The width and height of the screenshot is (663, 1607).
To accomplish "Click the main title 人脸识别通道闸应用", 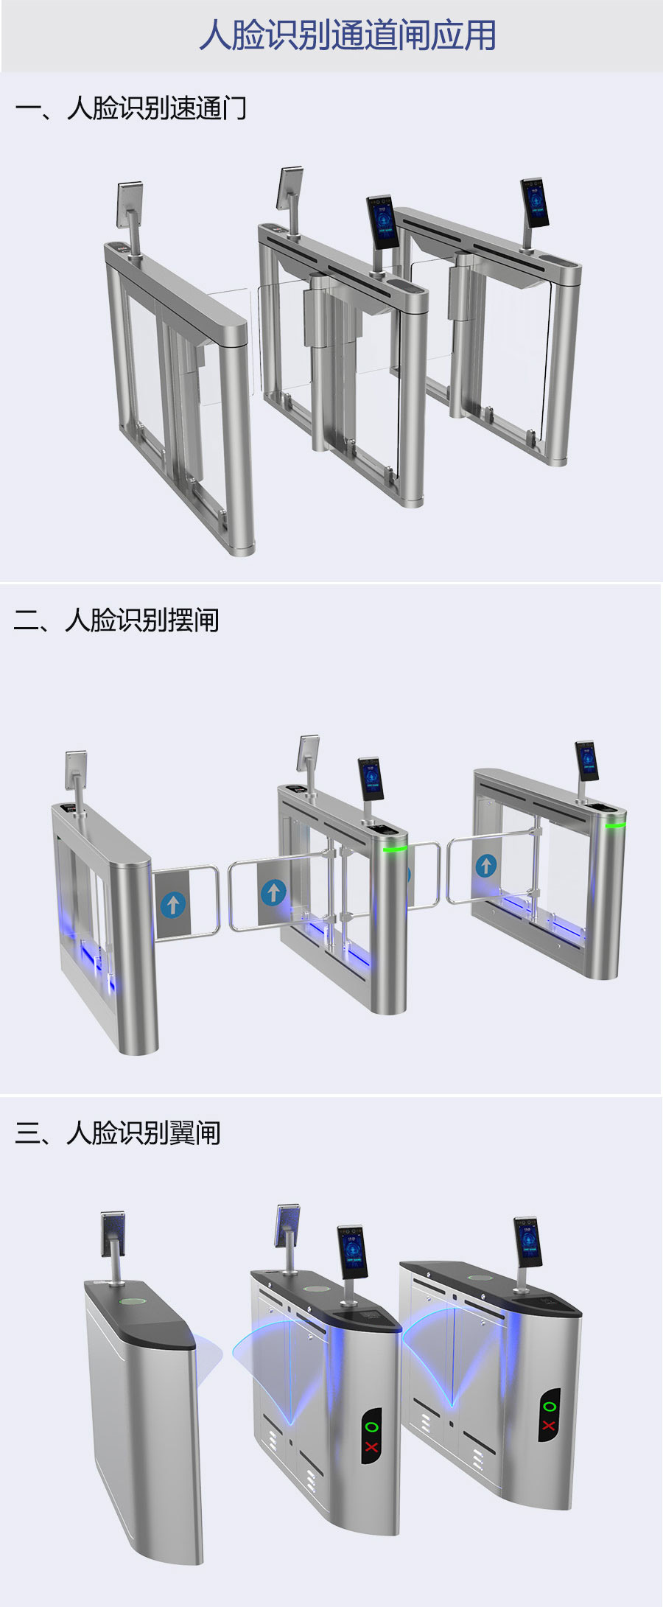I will [347, 35].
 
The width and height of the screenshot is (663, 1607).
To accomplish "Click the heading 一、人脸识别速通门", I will [130, 108].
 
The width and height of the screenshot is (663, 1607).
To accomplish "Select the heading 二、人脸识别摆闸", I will [116, 620].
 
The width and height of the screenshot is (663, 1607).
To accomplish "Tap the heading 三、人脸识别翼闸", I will [117, 1132].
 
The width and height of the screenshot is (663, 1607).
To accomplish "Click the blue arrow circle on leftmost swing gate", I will [173, 904].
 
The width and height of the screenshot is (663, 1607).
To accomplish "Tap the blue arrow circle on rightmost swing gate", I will [485, 865].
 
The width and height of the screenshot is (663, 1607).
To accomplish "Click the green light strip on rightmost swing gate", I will [615, 825].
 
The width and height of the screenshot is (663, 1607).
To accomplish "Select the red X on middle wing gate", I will [371, 1447].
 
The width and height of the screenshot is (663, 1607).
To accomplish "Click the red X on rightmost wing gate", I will [549, 1426].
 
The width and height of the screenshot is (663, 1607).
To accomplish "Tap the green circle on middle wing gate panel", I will [371, 1427].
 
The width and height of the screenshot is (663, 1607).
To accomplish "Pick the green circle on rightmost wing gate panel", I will [550, 1407].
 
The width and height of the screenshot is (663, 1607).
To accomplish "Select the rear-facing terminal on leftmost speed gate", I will [130, 203].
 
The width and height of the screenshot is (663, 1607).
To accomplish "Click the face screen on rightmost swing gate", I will [587, 760].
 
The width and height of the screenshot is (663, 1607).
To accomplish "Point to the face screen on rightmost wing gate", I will [527, 1242].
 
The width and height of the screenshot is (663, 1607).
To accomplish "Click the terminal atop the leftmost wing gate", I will [113, 1233].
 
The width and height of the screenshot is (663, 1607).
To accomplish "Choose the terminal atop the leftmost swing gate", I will [76, 769].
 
